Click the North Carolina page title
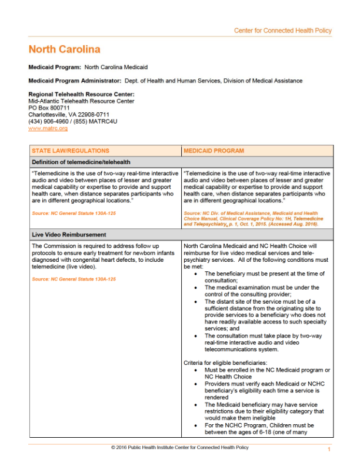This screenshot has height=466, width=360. [x=65, y=49]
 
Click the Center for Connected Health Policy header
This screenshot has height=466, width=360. [x=283, y=31]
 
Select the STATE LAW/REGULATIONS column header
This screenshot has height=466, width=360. [x=71, y=151]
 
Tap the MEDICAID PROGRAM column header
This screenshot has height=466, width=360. [x=214, y=151]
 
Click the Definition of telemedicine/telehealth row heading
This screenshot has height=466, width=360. [x=81, y=162]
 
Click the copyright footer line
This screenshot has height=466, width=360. [x=180, y=447]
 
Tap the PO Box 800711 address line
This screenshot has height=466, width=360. [x=49, y=108]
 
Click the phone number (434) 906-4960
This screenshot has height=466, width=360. [x=51, y=121]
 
